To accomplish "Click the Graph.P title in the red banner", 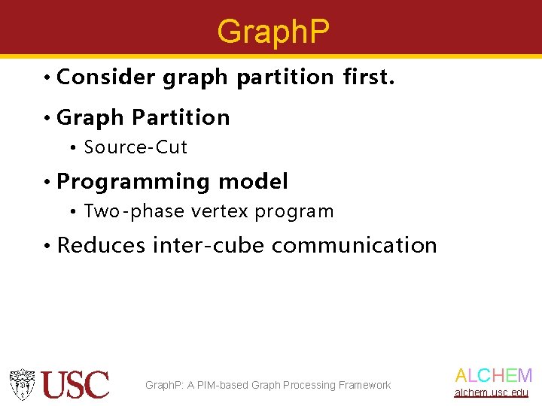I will point(273,32).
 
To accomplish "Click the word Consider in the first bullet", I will point(105,77).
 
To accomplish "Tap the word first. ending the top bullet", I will point(368,77).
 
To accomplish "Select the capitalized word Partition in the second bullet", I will point(181,117).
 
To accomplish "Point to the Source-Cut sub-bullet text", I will point(135,147).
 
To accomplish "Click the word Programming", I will point(133,182).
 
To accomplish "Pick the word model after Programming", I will point(253,181).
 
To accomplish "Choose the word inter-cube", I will point(209,245).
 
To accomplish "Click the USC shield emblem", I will point(23,384).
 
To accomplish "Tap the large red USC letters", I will point(75,384).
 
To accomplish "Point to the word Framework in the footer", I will point(365,385).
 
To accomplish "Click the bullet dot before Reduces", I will point(47,246).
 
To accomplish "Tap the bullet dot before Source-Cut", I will point(74,148).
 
